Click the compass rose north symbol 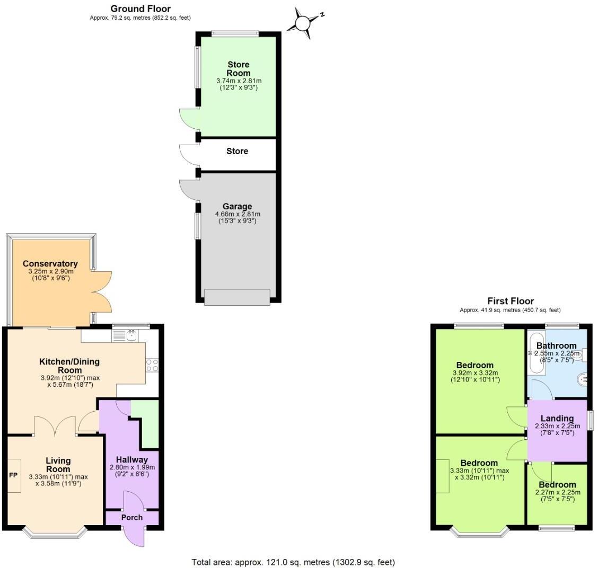[x=303, y=23]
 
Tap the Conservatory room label [x=50, y=263]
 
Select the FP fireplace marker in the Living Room [x=13, y=476]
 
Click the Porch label [x=132, y=517]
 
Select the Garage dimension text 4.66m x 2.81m [x=238, y=214]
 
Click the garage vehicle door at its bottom [x=237, y=297]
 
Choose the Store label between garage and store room [x=237, y=152]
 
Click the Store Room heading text [x=238, y=69]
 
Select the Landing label [x=557, y=419]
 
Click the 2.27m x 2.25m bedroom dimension [x=558, y=492]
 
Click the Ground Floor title [x=140, y=9]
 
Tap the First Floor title [x=511, y=301]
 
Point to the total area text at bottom [x=293, y=562]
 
